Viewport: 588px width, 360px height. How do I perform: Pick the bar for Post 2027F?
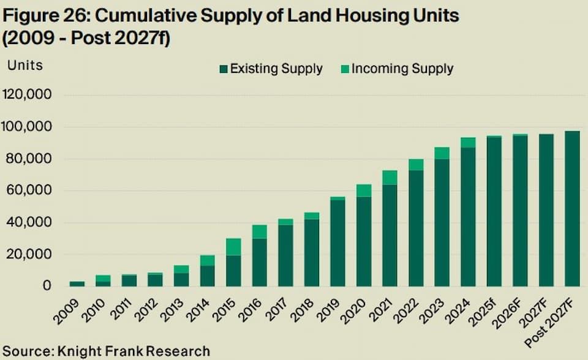[x=572, y=209]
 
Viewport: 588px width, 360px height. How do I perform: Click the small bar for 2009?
[x=77, y=283]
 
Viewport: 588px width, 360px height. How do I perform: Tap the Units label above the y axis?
[x=25, y=64]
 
